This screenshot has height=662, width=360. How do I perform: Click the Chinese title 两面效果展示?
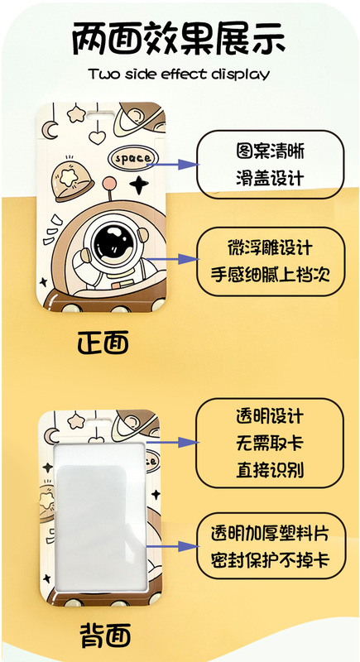(x=180, y=37)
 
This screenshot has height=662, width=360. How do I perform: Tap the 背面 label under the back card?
(x=105, y=636)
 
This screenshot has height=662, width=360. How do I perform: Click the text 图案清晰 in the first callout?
(x=270, y=152)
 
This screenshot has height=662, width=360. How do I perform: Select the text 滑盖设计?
(x=270, y=177)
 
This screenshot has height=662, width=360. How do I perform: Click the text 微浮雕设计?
(x=270, y=248)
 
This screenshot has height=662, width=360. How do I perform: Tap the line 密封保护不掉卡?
(x=270, y=560)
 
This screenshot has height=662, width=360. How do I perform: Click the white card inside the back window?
(x=100, y=513)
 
